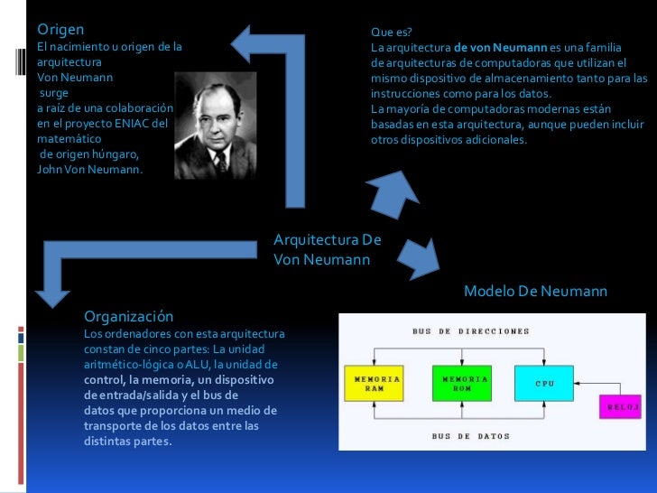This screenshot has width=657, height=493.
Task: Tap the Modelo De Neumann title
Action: (x=535, y=292)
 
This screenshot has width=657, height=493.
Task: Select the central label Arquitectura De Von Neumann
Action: (x=327, y=250)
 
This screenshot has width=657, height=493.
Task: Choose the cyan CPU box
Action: (x=544, y=383)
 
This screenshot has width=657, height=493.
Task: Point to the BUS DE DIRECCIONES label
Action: (x=471, y=331)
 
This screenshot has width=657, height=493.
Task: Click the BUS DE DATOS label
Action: (x=471, y=436)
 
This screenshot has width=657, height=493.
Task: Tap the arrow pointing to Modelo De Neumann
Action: (x=421, y=258)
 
